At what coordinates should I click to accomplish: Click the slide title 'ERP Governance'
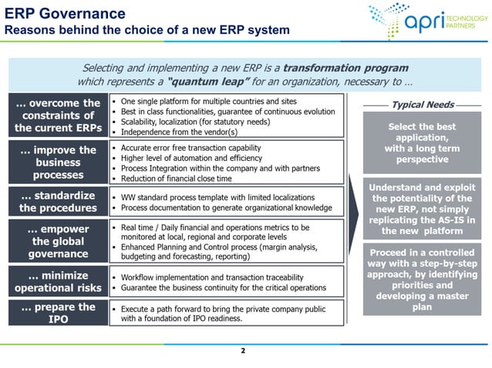(x=65, y=13)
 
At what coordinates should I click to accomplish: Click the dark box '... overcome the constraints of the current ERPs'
(x=57, y=115)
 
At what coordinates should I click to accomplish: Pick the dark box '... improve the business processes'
(x=57, y=162)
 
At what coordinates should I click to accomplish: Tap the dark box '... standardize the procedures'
(x=57, y=201)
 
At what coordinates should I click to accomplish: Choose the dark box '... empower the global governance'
(x=57, y=241)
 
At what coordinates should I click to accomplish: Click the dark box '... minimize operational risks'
(x=57, y=281)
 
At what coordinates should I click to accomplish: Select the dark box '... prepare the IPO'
(x=57, y=313)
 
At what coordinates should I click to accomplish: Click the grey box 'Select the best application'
(x=421, y=143)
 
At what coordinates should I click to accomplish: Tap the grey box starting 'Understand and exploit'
(x=421, y=209)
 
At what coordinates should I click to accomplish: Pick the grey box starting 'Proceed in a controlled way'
(x=421, y=279)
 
